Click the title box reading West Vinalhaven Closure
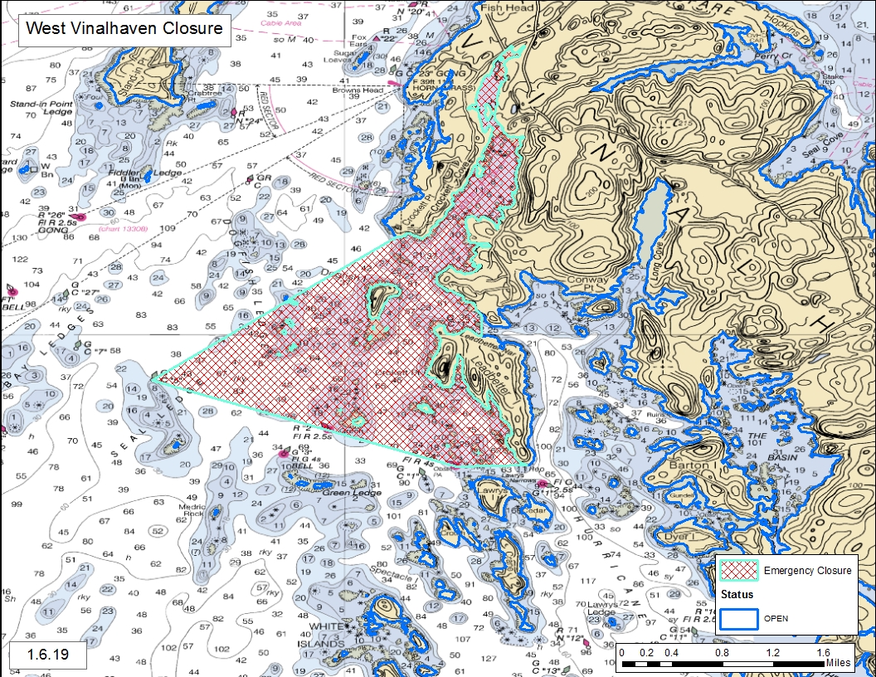click(x=124, y=29)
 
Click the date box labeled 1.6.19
click(x=48, y=654)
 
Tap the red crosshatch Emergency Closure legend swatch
click(x=740, y=570)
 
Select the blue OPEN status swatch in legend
click(x=739, y=618)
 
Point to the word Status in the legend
click(x=737, y=595)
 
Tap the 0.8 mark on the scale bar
click(x=722, y=653)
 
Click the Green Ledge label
click(x=352, y=494)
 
